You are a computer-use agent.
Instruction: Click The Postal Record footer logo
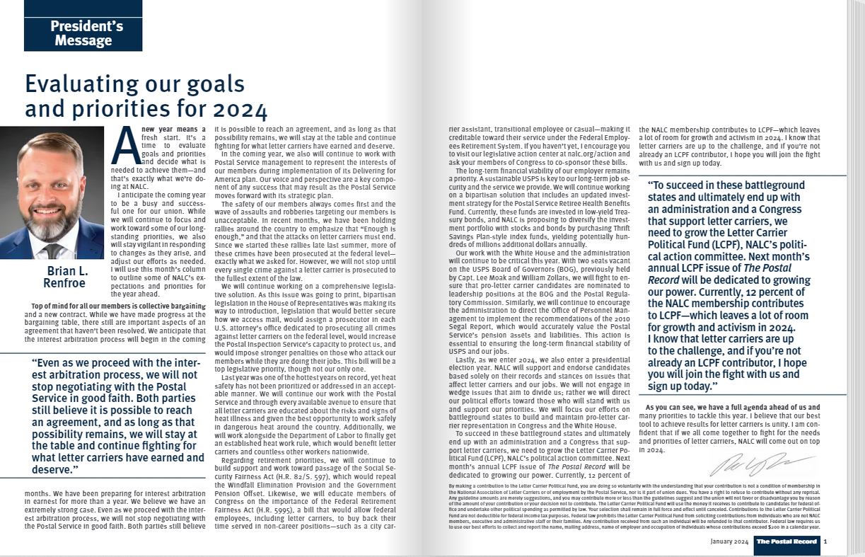point(786,542)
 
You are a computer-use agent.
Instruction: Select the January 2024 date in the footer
point(728,542)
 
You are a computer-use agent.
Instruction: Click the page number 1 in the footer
point(825,542)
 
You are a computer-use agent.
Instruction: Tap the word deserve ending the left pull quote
point(54,469)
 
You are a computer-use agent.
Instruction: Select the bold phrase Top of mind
point(52,306)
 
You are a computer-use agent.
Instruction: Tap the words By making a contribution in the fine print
point(481,486)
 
